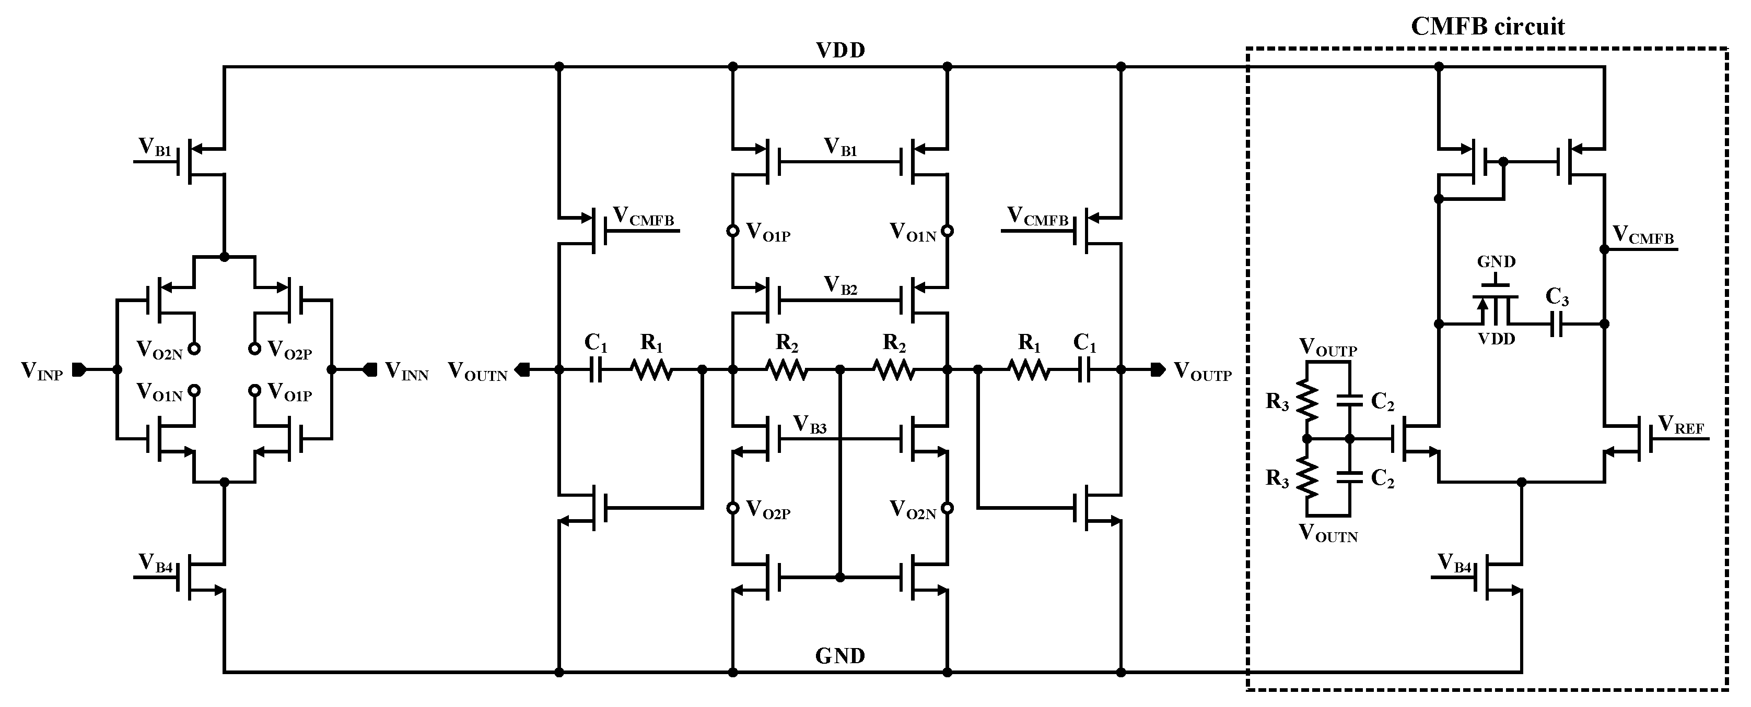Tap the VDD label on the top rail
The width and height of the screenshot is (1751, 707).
(x=841, y=50)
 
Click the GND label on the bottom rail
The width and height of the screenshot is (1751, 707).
(x=840, y=656)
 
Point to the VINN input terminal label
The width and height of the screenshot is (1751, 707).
(x=406, y=371)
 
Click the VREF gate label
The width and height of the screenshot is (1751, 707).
(x=1681, y=425)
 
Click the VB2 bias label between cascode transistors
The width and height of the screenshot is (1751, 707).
(x=841, y=285)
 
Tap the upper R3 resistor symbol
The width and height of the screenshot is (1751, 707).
(x=1306, y=401)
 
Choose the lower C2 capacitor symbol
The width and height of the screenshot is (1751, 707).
(x=1350, y=478)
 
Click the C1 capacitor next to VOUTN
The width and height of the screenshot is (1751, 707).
(x=596, y=370)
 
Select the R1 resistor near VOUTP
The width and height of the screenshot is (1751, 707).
(x=1029, y=370)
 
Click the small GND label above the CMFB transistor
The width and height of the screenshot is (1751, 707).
(x=1496, y=262)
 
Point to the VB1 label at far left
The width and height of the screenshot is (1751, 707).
(x=156, y=147)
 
